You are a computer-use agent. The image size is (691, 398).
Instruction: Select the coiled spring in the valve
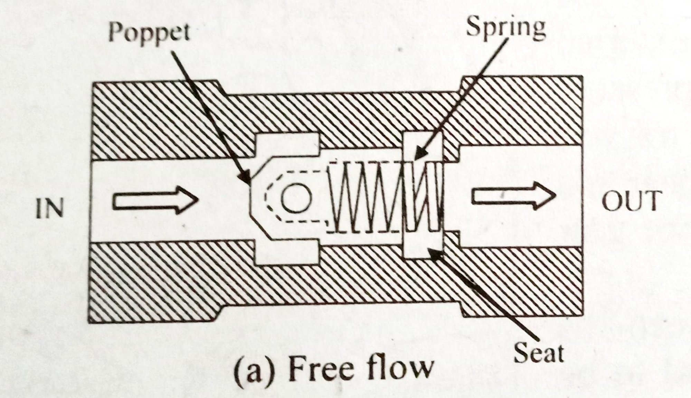pyautogui.click(x=384, y=197)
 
